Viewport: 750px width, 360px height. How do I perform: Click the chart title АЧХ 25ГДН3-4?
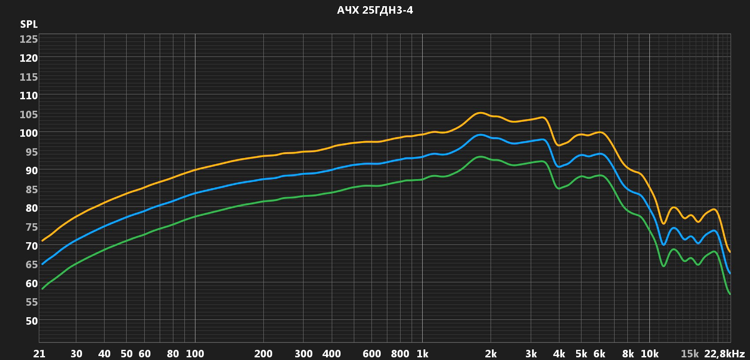click(375, 11)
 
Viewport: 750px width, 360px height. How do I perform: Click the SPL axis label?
click(29, 25)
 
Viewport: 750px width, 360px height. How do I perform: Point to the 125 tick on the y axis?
click(29, 40)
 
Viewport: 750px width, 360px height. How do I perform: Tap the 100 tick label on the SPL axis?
click(29, 133)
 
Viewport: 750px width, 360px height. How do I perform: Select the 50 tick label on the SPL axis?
click(31, 321)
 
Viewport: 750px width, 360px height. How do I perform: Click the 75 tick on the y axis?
click(31, 227)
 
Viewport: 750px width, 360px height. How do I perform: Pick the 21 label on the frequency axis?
click(39, 354)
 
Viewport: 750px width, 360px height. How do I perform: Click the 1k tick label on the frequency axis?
click(422, 354)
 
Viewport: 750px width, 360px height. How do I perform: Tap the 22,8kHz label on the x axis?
click(724, 354)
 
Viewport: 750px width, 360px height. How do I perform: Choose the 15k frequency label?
click(690, 354)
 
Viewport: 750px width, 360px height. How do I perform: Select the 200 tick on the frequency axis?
click(264, 354)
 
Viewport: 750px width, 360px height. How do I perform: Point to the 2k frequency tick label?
click(491, 354)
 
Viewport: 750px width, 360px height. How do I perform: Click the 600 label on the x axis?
click(372, 354)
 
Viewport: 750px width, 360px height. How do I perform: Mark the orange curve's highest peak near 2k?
click(480, 113)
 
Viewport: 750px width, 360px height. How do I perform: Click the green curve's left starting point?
click(42, 289)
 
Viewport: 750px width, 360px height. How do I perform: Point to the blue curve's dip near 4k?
click(559, 167)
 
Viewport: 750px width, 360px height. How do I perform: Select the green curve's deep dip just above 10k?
click(663, 266)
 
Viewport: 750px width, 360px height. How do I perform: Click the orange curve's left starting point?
click(42, 240)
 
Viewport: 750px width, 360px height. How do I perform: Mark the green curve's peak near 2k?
click(480, 157)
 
